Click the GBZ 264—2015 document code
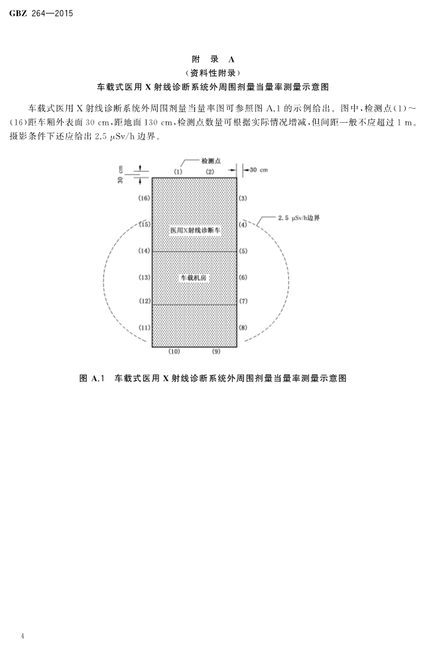click(41, 13)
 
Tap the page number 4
click(23, 635)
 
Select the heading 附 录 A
click(213, 59)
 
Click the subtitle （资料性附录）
click(213, 73)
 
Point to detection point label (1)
click(178, 171)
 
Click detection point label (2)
click(210, 171)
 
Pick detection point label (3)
click(243, 198)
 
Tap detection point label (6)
click(243, 277)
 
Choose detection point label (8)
click(243, 327)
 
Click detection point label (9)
click(216, 352)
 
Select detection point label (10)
click(174, 352)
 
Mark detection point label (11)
click(145, 327)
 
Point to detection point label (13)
click(145, 277)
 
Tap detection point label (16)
click(145, 198)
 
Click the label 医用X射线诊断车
click(196, 230)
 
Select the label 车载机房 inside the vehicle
click(194, 278)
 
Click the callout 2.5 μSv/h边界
click(299, 218)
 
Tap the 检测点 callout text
click(212, 161)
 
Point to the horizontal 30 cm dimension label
click(259, 170)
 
